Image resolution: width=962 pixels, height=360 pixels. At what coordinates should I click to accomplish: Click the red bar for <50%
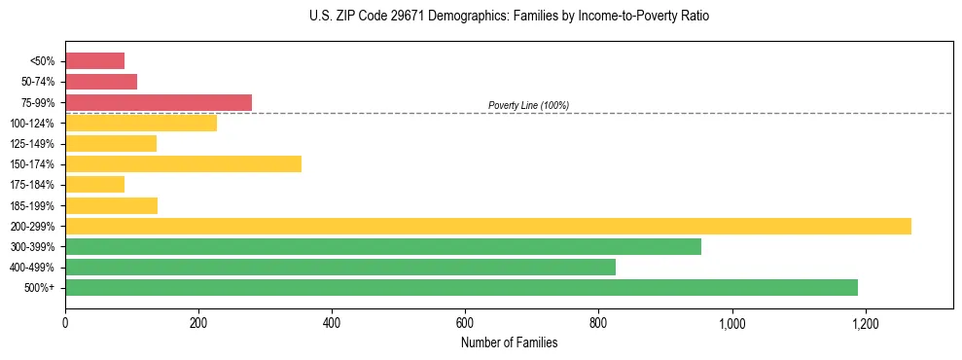click(94, 60)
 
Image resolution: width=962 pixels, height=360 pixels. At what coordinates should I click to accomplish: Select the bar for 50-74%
click(101, 82)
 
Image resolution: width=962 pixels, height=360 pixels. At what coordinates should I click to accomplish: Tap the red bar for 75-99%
click(159, 102)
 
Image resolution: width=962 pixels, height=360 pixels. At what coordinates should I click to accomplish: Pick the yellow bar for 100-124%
click(141, 123)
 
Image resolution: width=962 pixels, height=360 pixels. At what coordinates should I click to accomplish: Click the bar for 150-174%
click(183, 163)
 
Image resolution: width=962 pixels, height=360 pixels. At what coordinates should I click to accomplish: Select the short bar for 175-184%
click(94, 184)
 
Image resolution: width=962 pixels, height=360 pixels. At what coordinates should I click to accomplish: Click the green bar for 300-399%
click(383, 246)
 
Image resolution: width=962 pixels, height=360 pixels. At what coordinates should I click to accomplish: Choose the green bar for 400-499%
click(340, 267)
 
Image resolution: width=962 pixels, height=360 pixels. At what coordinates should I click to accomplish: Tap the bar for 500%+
click(461, 287)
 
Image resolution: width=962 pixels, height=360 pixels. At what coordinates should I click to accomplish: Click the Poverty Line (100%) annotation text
click(528, 105)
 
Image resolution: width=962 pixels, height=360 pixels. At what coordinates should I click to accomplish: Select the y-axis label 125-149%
click(32, 144)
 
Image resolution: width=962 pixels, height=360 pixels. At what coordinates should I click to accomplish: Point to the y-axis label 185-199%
click(32, 205)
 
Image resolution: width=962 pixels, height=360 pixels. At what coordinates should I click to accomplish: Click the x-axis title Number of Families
click(509, 342)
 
